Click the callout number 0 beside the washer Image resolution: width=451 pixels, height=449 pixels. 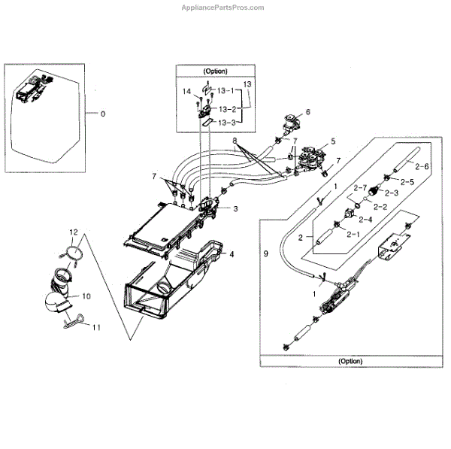point(103,114)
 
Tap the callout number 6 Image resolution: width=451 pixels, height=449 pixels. point(307,112)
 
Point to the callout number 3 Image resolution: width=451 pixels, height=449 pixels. point(235,208)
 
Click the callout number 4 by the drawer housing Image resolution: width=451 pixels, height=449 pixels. point(232,254)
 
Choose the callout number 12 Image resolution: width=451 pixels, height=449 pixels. point(74,232)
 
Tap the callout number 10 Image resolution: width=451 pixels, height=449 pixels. point(86,295)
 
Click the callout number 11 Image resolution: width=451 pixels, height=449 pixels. point(96,326)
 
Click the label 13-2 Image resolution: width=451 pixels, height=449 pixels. point(226,109)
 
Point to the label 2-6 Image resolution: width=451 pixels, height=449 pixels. point(422,166)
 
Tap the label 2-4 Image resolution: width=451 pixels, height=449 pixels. point(365,219)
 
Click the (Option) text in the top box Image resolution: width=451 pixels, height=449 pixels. point(214,71)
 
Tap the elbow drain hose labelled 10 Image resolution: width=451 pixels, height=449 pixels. point(58,293)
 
